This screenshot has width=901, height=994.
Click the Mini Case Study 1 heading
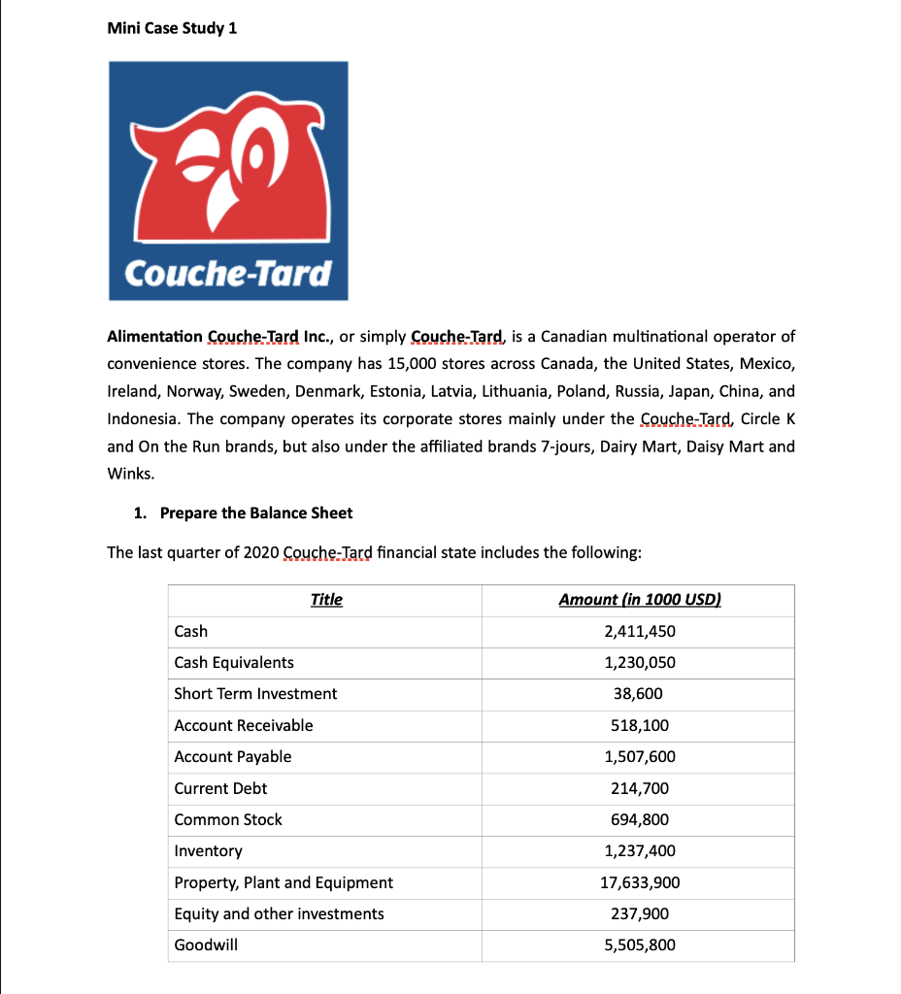pos(171,27)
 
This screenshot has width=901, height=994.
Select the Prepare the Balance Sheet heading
pos(255,513)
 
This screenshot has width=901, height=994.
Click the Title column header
pos(326,599)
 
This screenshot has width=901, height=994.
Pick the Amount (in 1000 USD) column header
pos(640,599)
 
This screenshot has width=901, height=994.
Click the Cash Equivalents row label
pos(233,662)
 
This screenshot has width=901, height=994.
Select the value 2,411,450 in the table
pos(640,631)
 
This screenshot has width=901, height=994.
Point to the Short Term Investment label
pos(255,693)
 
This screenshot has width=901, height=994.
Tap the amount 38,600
pos(640,693)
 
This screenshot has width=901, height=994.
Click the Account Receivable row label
pos(243,725)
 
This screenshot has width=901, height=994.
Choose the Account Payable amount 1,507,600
pos(640,756)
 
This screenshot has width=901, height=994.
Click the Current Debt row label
pos(220,788)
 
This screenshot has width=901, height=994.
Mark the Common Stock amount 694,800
pos(640,819)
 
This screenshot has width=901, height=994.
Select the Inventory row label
pos(208,850)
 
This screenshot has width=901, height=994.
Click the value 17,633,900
pos(640,882)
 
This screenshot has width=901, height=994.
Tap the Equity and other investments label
pos(279,913)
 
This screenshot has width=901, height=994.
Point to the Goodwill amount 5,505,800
pos(640,944)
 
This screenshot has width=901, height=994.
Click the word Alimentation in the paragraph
pos(154,337)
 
